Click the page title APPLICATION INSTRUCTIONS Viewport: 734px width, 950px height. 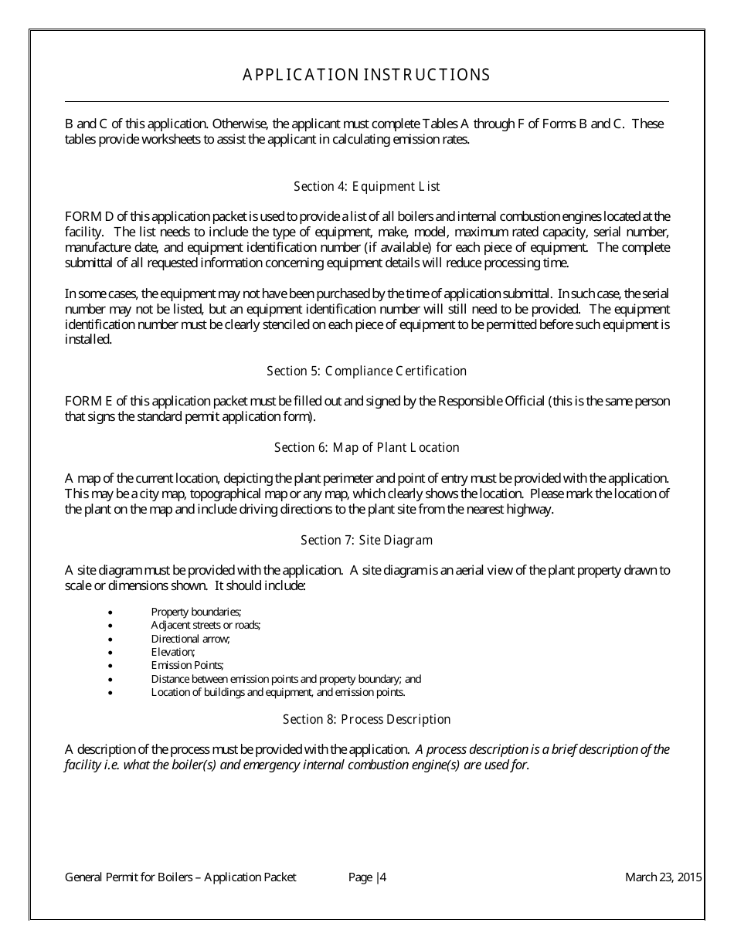click(x=366, y=75)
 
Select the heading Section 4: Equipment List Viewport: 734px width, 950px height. click(x=366, y=186)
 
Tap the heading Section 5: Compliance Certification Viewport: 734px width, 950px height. click(x=366, y=371)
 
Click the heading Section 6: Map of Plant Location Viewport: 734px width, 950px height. click(x=366, y=447)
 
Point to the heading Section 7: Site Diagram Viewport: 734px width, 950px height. click(x=366, y=540)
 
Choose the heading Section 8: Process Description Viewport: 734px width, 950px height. click(x=366, y=719)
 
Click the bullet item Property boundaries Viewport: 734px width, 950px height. click(x=196, y=612)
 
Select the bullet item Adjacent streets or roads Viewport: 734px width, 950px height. click(x=206, y=625)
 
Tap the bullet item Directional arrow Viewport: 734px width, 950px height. click(x=191, y=639)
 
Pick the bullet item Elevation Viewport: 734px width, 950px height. click(x=173, y=652)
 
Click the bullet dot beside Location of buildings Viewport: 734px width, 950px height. click(x=111, y=693)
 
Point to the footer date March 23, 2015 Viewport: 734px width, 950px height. click(x=663, y=877)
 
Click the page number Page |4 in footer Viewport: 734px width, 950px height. click(x=367, y=877)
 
